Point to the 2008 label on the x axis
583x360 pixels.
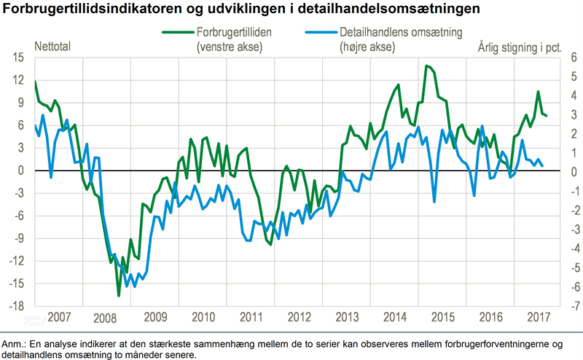point(104,318)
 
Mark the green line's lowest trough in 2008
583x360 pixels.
point(119,296)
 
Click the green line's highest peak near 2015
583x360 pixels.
point(426,66)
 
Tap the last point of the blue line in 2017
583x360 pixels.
point(541,166)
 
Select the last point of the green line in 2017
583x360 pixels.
point(546,116)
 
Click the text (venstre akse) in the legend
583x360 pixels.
point(229,47)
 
